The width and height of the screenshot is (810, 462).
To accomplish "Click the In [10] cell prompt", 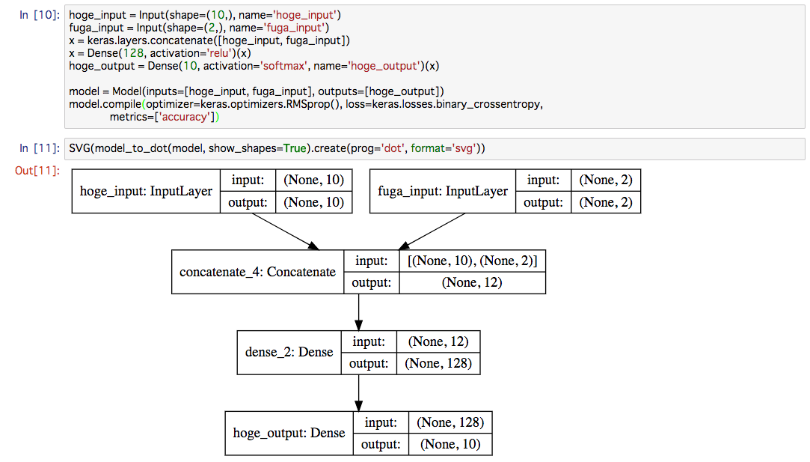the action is (x=40, y=14).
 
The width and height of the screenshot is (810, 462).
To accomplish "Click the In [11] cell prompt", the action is (x=40, y=148).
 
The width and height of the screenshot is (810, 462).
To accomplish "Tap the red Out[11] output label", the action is (x=37, y=170).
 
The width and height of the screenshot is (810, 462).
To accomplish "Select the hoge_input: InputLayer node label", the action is (x=146, y=192).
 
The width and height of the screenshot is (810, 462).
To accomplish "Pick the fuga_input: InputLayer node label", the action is (x=443, y=192).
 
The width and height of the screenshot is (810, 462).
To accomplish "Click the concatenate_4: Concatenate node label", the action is (x=257, y=272).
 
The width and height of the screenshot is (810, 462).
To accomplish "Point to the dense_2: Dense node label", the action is (x=289, y=353).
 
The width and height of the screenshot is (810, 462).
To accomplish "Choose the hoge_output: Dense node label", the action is (x=289, y=433).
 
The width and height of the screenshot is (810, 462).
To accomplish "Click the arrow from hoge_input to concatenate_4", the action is (x=286, y=232).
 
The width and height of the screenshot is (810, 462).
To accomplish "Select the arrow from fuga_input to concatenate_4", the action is (x=432, y=232).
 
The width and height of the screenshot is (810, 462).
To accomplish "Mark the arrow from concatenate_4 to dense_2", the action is (x=358, y=312).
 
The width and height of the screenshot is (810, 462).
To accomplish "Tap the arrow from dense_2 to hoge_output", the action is (x=358, y=393).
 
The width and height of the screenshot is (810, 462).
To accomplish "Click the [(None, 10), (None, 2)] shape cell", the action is (x=472, y=261).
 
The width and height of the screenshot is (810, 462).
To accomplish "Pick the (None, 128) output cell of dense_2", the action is (x=438, y=364).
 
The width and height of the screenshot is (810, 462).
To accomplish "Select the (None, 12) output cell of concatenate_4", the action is (x=472, y=283).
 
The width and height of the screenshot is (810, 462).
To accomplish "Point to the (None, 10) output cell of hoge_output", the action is (x=450, y=445).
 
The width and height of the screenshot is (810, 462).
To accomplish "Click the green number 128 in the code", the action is (x=133, y=53).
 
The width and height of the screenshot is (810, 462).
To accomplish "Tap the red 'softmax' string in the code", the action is (x=283, y=66).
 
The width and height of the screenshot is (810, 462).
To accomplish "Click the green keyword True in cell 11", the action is (x=295, y=148).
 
